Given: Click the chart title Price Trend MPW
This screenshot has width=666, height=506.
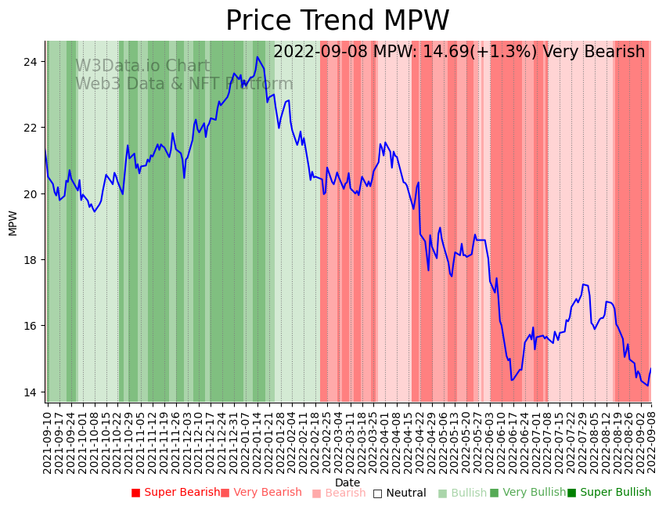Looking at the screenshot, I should [x=337, y=21].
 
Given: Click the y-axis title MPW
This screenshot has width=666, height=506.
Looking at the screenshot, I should [x=13, y=222].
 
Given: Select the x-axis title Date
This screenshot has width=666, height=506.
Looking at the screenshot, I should [x=347, y=483].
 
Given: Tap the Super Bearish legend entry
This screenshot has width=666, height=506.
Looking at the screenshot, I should [x=176, y=493].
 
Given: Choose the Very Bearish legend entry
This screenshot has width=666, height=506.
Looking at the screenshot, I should [x=261, y=493].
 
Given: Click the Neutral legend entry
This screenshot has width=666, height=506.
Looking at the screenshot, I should [x=400, y=493].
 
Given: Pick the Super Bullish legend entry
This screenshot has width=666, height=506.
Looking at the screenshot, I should [x=610, y=493].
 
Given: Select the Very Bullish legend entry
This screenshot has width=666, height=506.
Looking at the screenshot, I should [x=528, y=493].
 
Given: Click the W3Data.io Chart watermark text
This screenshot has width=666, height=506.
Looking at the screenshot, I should [x=142, y=66].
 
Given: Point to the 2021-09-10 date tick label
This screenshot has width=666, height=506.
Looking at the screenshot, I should [x=48, y=438].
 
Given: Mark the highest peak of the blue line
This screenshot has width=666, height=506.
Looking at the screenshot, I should [x=257, y=56].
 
